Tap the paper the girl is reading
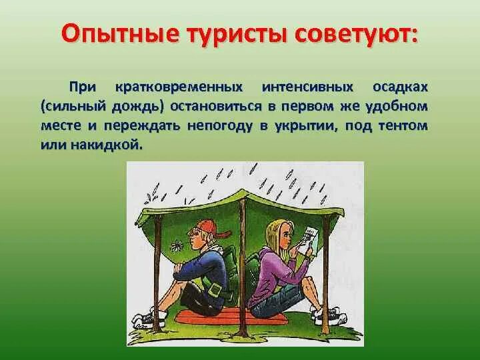click(309, 237)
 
